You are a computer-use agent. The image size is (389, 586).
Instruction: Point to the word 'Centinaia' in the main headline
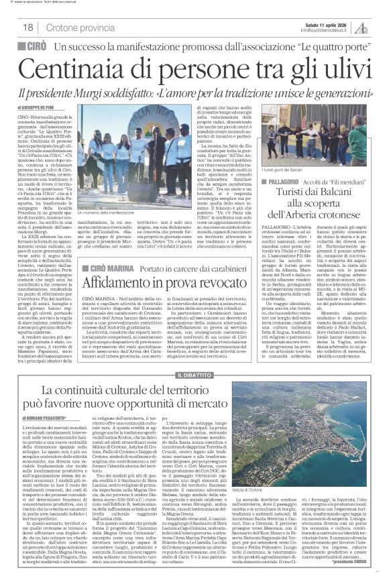(75, 69)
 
